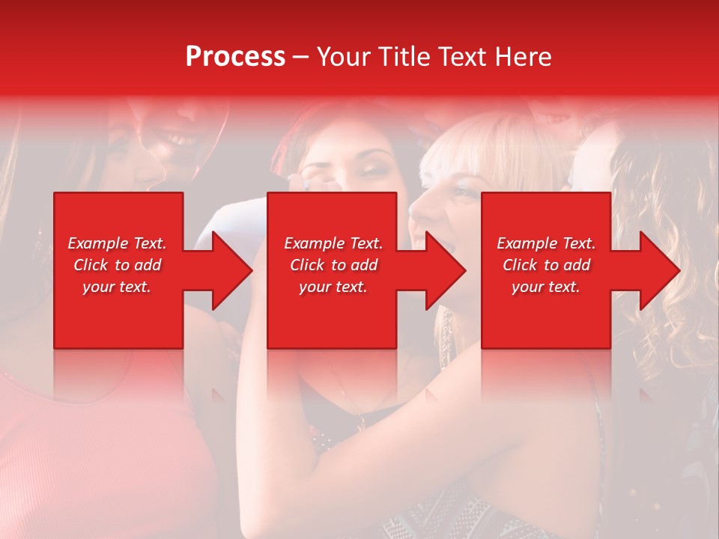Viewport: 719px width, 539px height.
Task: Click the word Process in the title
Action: click(235, 57)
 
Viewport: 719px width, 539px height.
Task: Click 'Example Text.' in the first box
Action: click(117, 243)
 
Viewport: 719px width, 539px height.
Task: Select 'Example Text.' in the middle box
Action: click(333, 243)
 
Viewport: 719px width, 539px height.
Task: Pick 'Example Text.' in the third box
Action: click(546, 243)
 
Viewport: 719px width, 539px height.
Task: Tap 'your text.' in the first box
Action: click(117, 287)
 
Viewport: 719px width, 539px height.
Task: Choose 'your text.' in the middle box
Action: click(333, 287)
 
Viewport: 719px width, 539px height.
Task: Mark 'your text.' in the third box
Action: click(546, 287)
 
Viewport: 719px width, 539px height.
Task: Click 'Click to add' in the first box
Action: click(117, 265)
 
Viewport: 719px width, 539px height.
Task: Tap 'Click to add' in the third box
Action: click(546, 265)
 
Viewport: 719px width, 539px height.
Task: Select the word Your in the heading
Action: click(341, 57)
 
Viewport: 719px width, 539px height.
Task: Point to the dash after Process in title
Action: click(300, 58)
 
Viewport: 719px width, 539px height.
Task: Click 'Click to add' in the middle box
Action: click(333, 265)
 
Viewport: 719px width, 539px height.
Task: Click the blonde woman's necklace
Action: click(446, 333)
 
